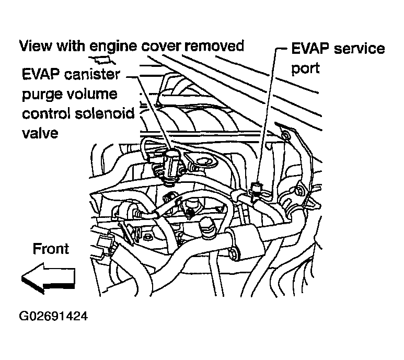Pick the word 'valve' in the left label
click(40, 132)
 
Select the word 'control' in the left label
click(47, 113)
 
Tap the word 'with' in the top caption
click(73, 46)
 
